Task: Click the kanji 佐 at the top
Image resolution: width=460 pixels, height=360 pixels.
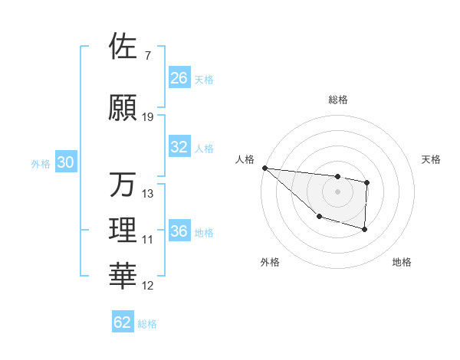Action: coord(123,47)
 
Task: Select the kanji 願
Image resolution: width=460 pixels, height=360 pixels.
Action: coord(123,108)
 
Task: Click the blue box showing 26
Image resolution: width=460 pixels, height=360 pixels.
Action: coord(179,78)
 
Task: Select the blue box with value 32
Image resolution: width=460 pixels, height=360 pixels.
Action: coord(179,147)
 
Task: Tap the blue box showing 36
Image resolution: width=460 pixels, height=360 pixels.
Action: coord(179,231)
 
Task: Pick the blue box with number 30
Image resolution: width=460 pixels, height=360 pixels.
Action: coord(65,162)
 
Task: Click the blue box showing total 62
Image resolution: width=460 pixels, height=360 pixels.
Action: coord(123,322)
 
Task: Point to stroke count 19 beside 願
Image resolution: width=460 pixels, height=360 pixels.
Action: coord(148,117)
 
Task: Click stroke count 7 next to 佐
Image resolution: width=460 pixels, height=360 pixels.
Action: coord(147,56)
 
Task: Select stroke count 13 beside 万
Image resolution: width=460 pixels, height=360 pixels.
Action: coord(148,194)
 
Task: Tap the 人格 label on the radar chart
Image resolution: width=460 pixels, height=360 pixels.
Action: coord(245,159)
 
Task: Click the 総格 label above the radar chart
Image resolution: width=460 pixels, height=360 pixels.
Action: coord(337,100)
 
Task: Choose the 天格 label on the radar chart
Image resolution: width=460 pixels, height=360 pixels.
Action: coord(432,159)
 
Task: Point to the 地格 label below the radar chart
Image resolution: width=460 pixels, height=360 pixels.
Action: coord(402,262)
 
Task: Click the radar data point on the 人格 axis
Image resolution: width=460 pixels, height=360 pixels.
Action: coord(264,168)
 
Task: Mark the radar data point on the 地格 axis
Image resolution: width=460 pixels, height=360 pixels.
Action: coord(365,229)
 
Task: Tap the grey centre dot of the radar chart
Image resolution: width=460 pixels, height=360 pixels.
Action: coord(337,191)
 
